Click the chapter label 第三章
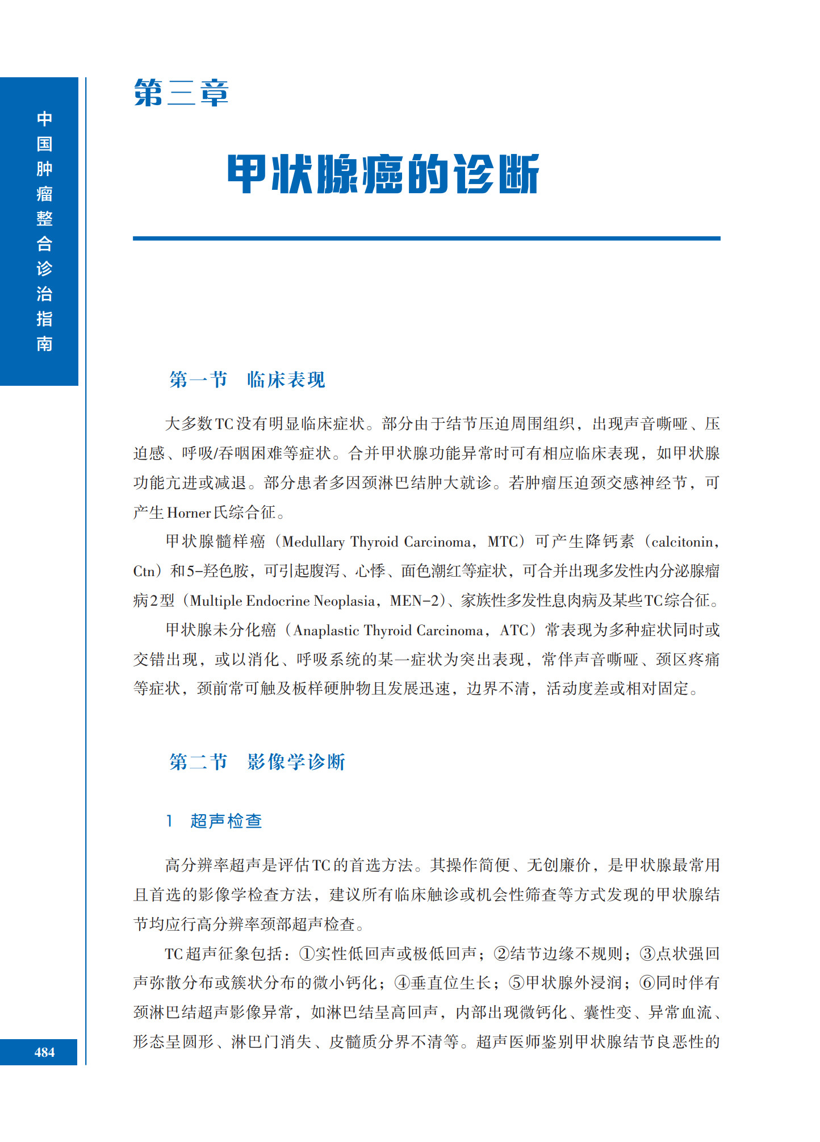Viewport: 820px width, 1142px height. (181, 93)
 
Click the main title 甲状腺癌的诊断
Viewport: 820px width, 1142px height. (383, 174)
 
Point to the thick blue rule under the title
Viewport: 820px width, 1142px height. (426, 239)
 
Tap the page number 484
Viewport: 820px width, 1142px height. (44, 1052)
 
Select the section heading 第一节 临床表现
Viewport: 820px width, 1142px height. (247, 380)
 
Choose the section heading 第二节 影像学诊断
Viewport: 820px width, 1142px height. (257, 762)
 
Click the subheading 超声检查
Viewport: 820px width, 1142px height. (226, 821)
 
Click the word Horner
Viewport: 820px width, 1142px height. (189, 513)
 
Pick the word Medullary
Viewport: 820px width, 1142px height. (313, 542)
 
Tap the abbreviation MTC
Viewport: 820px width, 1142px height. (503, 542)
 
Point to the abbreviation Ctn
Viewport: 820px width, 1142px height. (144, 572)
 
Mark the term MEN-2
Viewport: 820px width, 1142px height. (414, 601)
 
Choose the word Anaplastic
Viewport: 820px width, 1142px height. (326, 631)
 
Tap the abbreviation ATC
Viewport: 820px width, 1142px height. (514, 631)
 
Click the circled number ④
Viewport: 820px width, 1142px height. (402, 983)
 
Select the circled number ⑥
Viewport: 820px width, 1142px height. (647, 983)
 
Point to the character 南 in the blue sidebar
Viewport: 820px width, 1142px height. (44, 344)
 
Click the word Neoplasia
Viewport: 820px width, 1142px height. (344, 601)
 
